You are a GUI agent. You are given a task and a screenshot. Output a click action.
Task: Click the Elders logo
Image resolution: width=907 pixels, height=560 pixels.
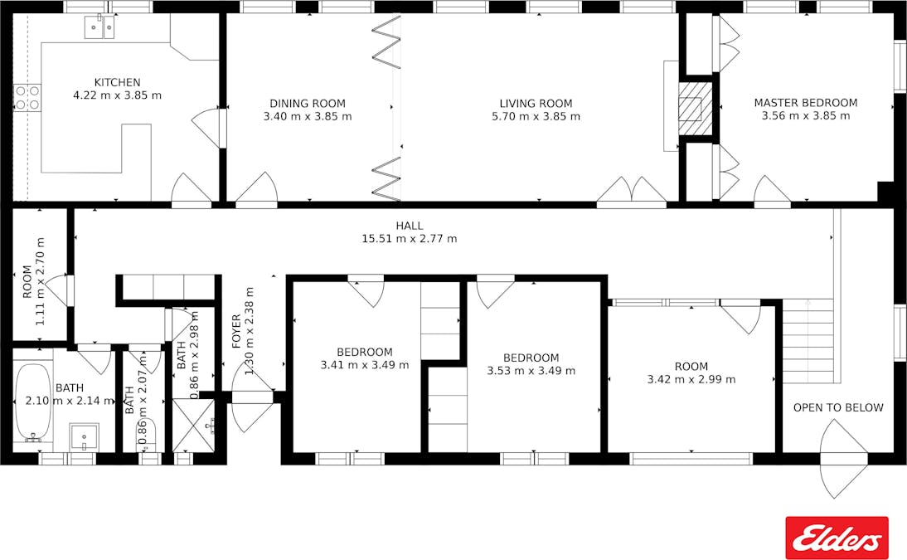(837, 538)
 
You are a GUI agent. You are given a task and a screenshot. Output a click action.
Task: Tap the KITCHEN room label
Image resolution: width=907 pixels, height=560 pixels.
(118, 82)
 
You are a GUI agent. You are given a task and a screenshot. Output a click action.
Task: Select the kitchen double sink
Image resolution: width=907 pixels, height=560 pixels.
(99, 27)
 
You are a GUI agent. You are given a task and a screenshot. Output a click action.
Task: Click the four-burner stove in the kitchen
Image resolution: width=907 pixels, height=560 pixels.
(27, 97)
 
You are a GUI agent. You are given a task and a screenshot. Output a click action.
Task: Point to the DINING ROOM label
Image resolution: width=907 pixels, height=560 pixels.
(308, 104)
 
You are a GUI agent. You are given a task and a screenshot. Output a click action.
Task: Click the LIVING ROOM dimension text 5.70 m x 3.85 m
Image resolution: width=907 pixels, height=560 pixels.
(536, 116)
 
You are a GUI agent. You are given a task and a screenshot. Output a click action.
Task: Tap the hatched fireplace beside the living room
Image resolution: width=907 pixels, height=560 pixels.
(696, 109)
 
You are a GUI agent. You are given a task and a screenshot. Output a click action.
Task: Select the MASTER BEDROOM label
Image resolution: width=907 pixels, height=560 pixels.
(806, 103)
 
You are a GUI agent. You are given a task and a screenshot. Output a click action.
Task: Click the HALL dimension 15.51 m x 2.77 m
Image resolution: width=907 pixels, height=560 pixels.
(410, 239)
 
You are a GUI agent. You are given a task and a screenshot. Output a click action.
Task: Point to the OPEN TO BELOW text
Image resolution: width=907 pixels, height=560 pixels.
(838, 407)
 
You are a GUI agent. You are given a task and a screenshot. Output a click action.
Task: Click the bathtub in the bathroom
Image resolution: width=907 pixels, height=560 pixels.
(33, 402)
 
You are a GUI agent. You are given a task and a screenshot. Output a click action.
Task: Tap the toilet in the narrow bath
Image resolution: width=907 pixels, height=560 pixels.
(147, 434)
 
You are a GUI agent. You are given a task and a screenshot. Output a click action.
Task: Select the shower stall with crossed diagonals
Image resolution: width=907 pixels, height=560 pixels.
(194, 425)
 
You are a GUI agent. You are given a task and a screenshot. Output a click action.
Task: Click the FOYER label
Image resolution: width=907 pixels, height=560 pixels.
(236, 331)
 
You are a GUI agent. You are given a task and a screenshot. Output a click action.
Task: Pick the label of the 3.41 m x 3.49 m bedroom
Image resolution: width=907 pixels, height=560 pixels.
(365, 352)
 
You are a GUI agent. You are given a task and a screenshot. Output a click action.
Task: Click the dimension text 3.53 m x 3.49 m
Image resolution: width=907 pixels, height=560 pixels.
(531, 371)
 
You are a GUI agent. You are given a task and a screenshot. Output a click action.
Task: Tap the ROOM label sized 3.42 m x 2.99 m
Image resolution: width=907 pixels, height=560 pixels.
(691, 367)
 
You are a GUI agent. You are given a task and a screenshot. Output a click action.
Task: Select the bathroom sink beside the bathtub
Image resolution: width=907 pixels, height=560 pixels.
(85, 437)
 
